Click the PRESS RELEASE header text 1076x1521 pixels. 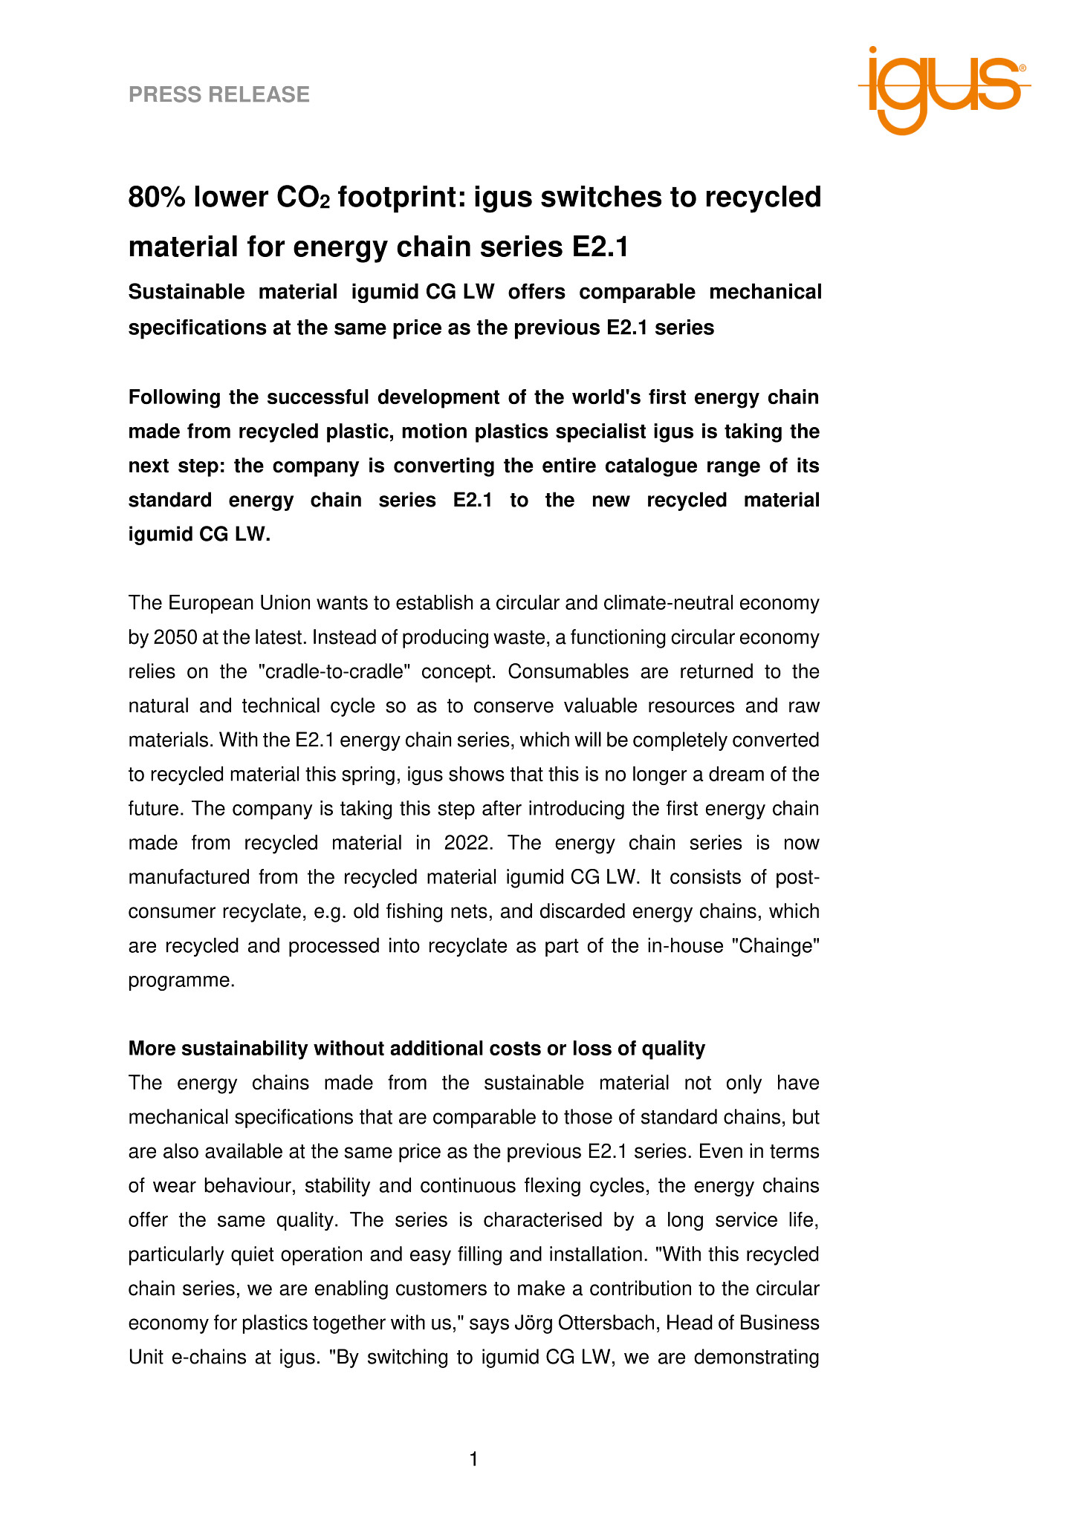click(219, 94)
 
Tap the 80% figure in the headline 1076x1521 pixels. click(158, 198)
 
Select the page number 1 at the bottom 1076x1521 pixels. click(474, 1459)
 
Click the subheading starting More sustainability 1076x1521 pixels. click(416, 1048)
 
